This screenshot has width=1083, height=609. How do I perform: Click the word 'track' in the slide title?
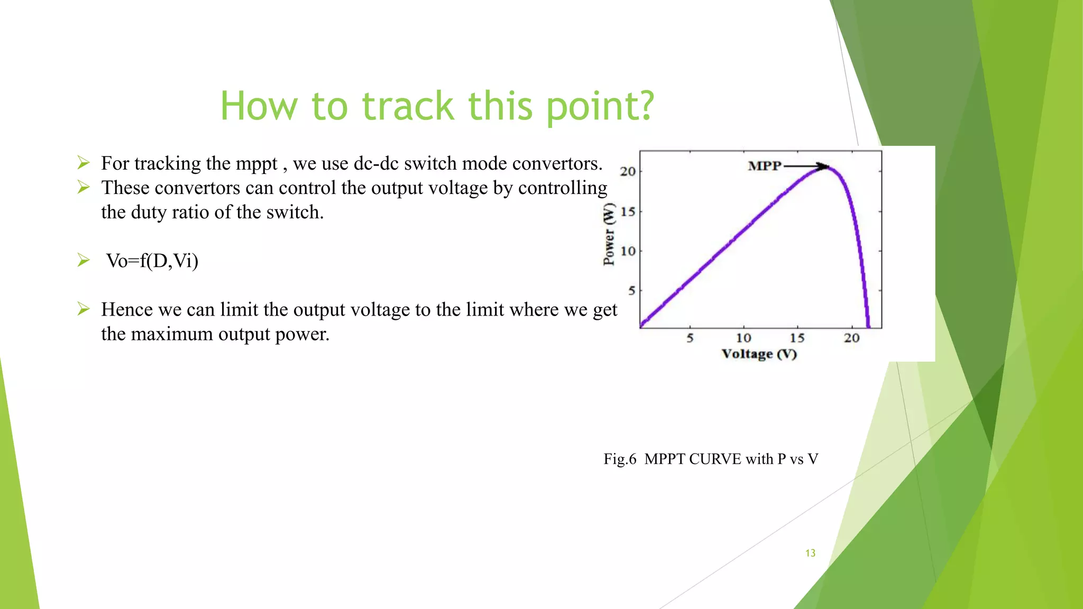tap(408, 106)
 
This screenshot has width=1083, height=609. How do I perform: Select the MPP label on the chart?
tap(764, 166)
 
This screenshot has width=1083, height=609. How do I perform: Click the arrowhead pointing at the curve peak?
tap(824, 167)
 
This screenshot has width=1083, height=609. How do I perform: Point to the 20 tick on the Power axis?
tap(628, 171)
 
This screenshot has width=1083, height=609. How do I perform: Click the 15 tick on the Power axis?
tap(628, 211)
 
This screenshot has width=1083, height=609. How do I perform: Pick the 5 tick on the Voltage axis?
tap(690, 338)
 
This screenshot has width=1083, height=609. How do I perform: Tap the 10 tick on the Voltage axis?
tap(744, 338)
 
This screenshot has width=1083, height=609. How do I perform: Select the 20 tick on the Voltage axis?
tap(851, 338)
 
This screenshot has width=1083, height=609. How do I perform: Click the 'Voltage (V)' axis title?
tap(759, 354)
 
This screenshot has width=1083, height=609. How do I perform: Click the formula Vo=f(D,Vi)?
tap(152, 261)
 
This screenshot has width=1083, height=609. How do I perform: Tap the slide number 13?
tap(810, 553)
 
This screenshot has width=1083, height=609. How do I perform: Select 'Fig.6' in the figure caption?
tap(620, 459)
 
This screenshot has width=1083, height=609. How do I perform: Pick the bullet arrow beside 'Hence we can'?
tap(84, 308)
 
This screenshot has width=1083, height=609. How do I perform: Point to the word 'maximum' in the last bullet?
tap(172, 334)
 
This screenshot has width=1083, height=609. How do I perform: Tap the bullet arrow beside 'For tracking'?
tap(84, 162)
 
